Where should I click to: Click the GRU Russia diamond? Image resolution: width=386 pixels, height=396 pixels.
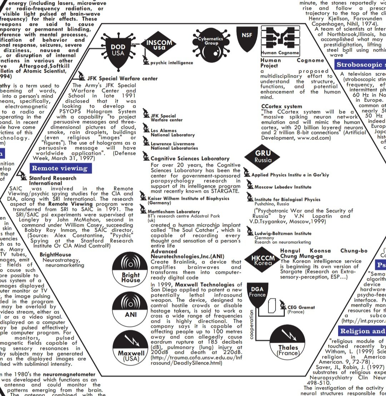[263, 156]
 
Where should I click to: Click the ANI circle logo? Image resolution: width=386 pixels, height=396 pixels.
[131, 308]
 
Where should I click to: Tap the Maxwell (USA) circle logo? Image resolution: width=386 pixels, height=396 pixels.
[131, 348]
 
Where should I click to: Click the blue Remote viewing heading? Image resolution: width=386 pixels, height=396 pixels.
[60, 168]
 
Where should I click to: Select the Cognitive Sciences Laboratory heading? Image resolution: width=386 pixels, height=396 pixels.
[190, 158]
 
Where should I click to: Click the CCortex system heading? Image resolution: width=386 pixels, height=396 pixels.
[282, 107]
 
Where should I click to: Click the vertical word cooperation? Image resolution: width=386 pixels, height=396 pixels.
[252, 325]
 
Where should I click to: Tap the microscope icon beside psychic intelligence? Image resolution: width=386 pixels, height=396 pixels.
[146, 62]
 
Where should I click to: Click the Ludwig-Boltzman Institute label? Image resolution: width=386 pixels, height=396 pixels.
[283, 233]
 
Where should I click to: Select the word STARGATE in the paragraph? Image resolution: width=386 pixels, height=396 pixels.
[223, 191]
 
